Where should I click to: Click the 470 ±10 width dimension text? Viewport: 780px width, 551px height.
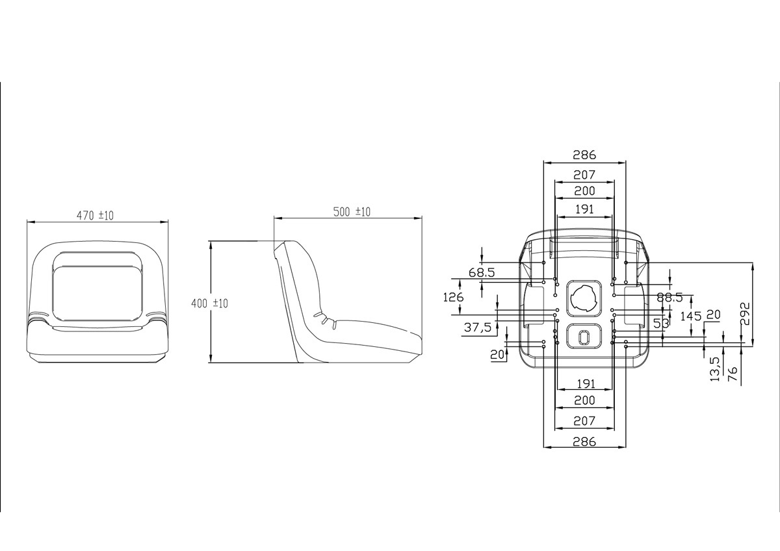[96, 216]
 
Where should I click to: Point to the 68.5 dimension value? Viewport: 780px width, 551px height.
[481, 273]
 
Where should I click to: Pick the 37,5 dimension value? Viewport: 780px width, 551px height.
[478, 328]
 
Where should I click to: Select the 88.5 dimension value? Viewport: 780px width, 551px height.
[669, 298]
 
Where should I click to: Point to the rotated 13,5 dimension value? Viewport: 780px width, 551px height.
[715, 369]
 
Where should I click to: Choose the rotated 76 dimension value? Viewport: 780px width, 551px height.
[733, 374]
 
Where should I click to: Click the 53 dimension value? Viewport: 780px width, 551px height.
[662, 323]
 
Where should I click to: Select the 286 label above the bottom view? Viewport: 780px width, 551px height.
[584, 155]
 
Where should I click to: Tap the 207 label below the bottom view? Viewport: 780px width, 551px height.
[584, 421]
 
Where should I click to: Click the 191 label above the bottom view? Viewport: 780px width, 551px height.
[584, 209]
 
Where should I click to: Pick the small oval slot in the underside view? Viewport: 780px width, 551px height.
[583, 335]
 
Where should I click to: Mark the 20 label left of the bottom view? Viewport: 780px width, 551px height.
[498, 355]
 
